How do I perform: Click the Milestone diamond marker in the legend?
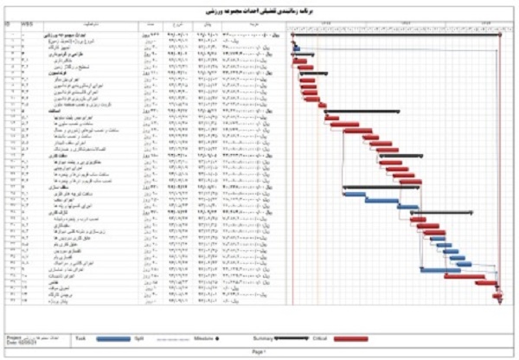click(216, 337)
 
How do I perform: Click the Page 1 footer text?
click(259, 353)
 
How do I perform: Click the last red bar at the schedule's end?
click(497, 296)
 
